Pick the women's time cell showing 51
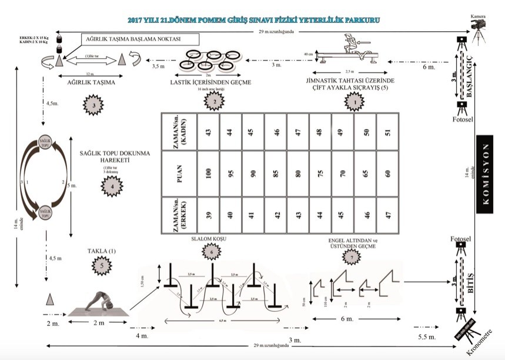(x=387, y=131)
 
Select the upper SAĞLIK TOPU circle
(x=44, y=145)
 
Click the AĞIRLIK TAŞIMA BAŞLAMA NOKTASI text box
(x=140, y=40)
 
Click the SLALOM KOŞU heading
(x=210, y=239)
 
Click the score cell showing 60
(x=387, y=175)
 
